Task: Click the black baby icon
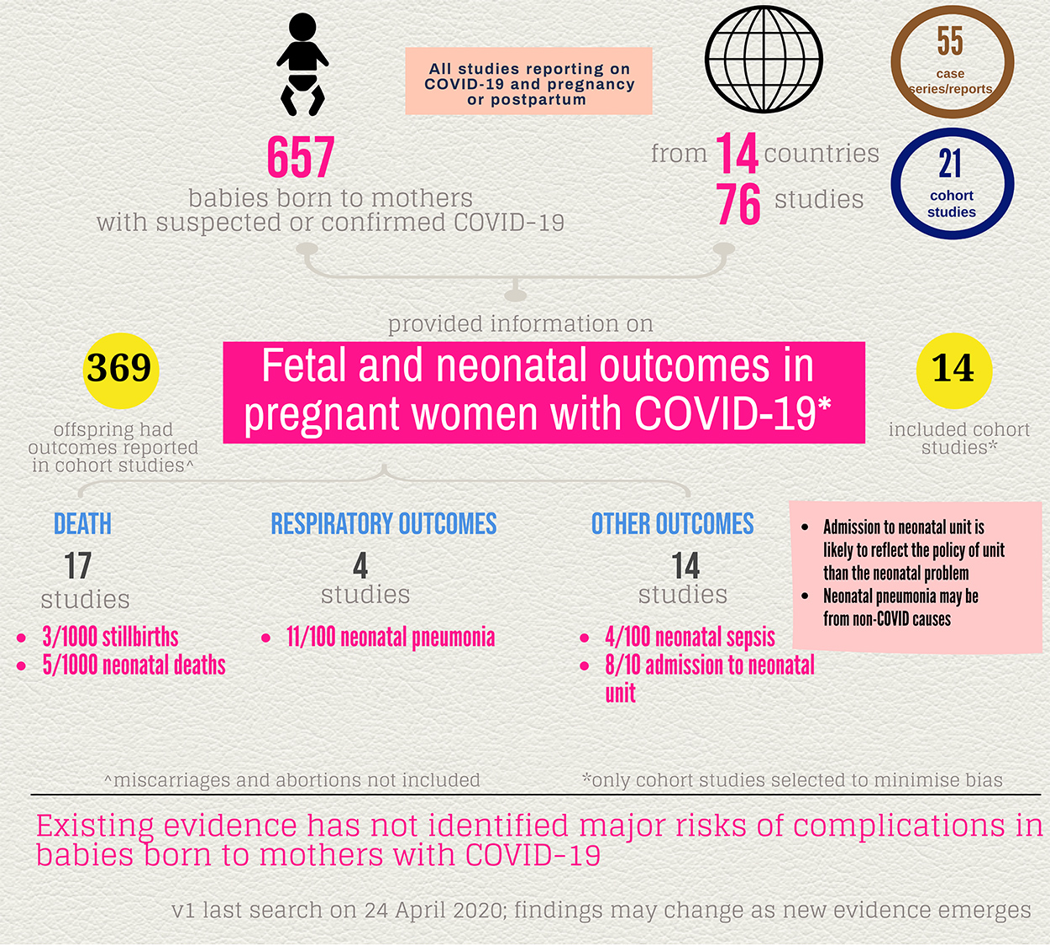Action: [x=302, y=65]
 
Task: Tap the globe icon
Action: [x=764, y=60]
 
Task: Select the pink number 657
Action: [x=301, y=157]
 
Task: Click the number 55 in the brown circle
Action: [x=950, y=40]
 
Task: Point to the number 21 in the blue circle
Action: [x=950, y=164]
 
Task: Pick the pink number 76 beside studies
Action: [x=738, y=204]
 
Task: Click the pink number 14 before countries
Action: [x=737, y=154]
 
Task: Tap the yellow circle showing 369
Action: [x=119, y=369]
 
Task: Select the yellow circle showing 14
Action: [x=953, y=369]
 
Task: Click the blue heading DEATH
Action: [x=82, y=524]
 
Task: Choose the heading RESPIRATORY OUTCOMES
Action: [x=384, y=524]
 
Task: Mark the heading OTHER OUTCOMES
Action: [x=672, y=524]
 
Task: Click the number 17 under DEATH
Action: [x=78, y=565]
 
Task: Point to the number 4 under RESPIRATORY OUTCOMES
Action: [x=360, y=565]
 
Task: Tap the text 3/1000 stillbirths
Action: [x=110, y=637]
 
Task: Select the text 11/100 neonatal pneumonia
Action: [x=391, y=637]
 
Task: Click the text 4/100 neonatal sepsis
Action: [x=690, y=637]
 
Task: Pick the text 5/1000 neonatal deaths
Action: [x=134, y=665]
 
